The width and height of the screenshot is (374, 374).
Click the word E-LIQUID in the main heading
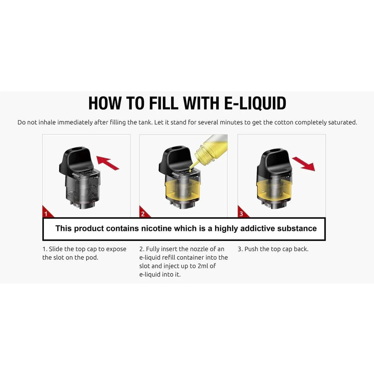pyautogui.click(x=255, y=103)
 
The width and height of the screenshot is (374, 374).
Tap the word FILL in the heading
pyautogui.click(x=163, y=103)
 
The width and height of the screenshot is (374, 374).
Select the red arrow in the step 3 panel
pyautogui.click(x=304, y=163)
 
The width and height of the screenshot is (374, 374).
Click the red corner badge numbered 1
pyautogui.click(x=47, y=212)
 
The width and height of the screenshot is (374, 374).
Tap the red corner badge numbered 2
pyautogui.click(x=144, y=212)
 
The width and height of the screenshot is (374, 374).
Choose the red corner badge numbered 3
pyautogui.click(x=242, y=212)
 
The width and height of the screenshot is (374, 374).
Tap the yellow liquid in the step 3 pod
pyautogui.click(x=275, y=189)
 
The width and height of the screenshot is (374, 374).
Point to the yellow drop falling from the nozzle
pyautogui.click(x=190, y=170)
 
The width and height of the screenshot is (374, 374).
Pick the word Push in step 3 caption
pyautogui.click(x=251, y=249)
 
